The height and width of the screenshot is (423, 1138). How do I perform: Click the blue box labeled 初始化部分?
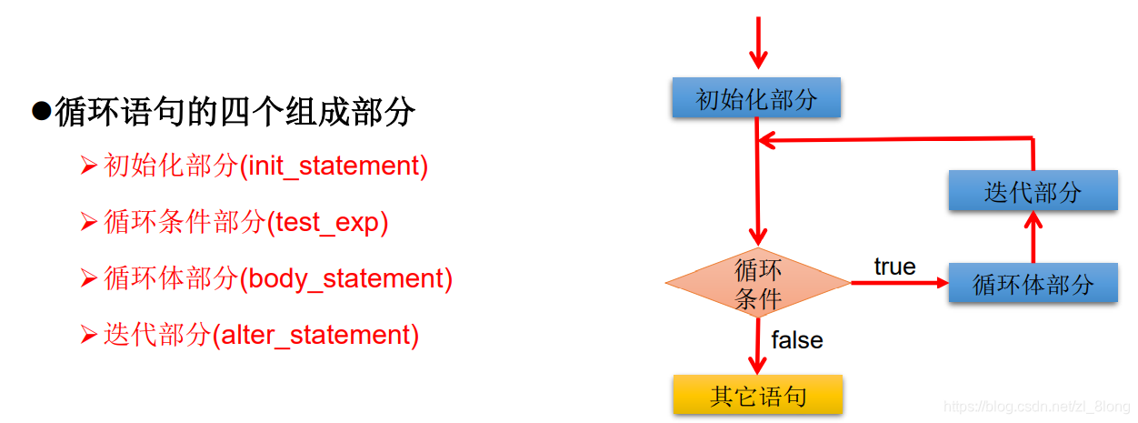(x=756, y=98)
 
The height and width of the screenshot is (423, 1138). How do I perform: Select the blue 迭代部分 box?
(x=1033, y=191)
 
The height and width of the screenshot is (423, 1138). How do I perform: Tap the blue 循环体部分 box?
(x=1033, y=284)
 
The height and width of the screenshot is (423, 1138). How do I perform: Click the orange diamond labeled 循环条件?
(x=757, y=284)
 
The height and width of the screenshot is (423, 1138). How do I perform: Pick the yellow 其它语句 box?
(x=758, y=396)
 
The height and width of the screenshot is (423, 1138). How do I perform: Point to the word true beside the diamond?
(x=894, y=267)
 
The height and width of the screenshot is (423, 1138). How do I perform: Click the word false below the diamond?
(x=797, y=340)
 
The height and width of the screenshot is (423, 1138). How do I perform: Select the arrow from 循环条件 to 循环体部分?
(x=899, y=283)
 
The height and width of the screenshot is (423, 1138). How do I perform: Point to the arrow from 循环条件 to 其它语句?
(x=757, y=346)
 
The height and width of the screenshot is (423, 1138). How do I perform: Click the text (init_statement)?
(x=334, y=166)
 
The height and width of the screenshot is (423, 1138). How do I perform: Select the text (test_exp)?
(x=327, y=222)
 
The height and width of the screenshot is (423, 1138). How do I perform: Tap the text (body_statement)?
(x=345, y=278)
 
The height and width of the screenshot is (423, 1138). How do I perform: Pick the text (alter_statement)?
(x=315, y=335)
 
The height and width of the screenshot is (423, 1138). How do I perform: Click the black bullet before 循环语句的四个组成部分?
(x=40, y=111)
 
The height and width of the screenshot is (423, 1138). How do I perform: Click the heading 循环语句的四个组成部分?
(x=235, y=112)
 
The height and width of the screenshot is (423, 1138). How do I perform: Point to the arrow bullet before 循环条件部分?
(x=88, y=222)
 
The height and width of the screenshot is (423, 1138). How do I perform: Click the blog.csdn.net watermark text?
(x=1036, y=407)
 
